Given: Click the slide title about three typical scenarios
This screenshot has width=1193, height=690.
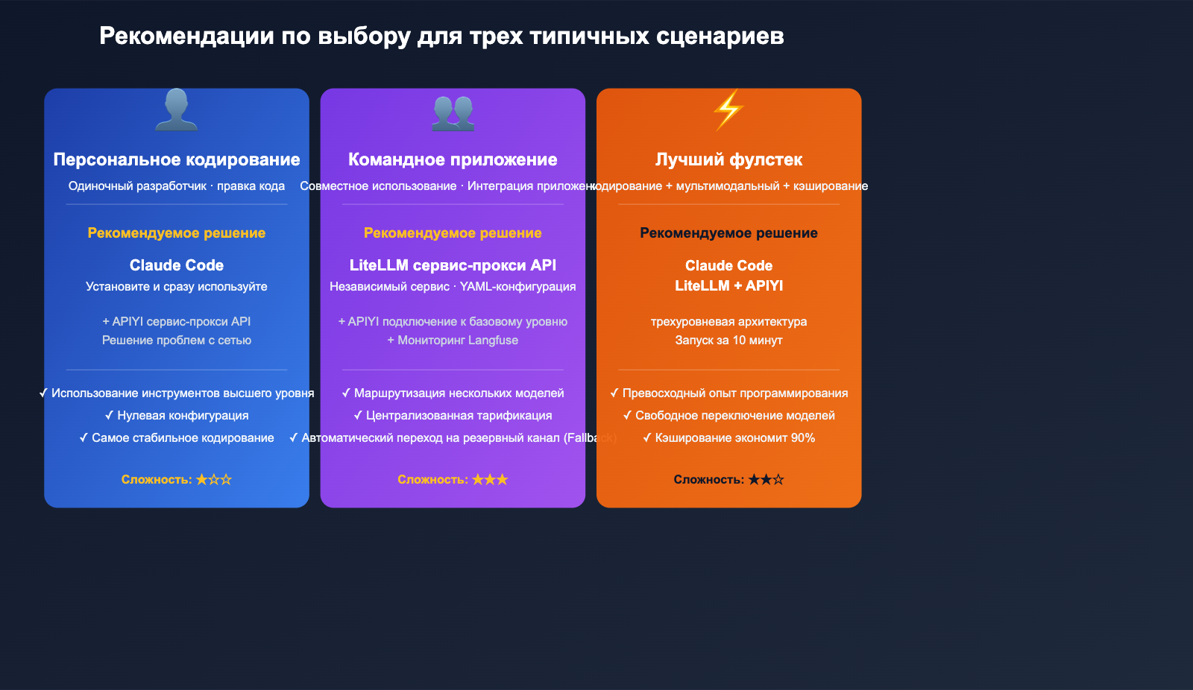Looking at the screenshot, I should (441, 36).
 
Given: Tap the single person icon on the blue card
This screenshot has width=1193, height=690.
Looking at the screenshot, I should (177, 110).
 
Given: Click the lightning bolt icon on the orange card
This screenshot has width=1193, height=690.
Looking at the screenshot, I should (728, 110).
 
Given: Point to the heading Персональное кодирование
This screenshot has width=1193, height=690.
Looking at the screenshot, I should (177, 159).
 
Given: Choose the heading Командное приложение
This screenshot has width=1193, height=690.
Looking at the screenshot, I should (453, 159).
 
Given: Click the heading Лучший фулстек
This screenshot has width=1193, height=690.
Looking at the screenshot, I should (728, 159).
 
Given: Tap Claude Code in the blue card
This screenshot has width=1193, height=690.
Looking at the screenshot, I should (177, 265).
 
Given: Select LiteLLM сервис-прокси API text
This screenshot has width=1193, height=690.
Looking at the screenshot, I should (453, 265).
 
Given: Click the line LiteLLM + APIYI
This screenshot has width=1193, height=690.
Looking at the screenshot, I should (728, 285).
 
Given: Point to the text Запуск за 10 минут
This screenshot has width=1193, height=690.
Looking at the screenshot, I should (728, 341).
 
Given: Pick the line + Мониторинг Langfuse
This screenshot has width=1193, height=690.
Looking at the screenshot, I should (453, 341).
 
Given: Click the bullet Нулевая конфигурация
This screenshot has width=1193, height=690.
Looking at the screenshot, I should (177, 416).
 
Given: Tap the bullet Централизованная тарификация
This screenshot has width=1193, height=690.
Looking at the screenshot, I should (453, 416).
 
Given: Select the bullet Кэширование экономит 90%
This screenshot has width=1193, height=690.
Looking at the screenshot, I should (728, 438).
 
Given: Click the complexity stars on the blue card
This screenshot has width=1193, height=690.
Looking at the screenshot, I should (214, 480).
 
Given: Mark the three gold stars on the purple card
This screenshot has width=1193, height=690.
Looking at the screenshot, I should (490, 480).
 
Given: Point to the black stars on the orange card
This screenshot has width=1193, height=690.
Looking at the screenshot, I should (766, 480).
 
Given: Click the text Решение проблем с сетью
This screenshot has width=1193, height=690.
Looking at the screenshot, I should (177, 341).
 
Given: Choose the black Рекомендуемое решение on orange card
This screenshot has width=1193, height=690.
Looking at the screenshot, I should (728, 233).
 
